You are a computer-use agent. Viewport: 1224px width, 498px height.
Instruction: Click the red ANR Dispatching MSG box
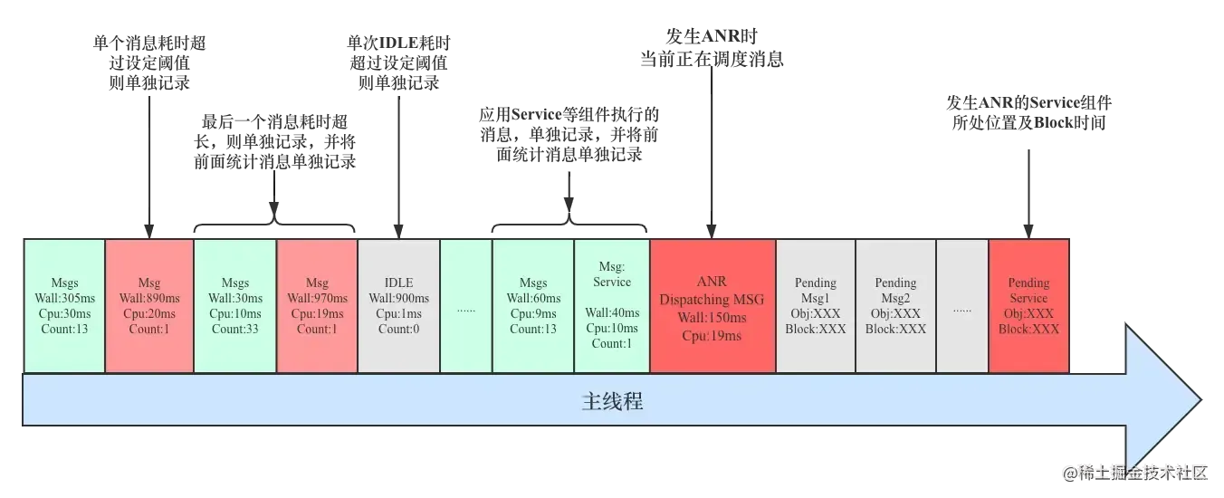click(712, 305)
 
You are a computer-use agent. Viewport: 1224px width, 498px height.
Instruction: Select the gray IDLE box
click(398, 305)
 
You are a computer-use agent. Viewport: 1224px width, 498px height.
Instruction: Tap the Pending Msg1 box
click(815, 305)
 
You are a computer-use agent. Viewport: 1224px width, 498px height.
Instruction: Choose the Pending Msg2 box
click(895, 305)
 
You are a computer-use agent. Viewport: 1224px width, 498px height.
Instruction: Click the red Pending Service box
click(1028, 305)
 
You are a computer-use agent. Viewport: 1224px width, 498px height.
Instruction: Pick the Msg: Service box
click(612, 305)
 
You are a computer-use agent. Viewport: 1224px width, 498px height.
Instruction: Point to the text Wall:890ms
click(149, 298)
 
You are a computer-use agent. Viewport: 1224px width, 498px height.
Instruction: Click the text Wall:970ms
click(317, 298)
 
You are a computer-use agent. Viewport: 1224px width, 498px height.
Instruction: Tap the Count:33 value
click(235, 329)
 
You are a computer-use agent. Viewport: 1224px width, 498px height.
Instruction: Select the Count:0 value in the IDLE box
click(398, 329)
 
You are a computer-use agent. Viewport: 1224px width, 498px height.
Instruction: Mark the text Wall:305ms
click(64, 298)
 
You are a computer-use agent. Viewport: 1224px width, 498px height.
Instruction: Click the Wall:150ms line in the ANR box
click(712, 318)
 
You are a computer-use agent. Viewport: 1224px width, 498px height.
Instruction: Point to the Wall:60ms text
click(533, 298)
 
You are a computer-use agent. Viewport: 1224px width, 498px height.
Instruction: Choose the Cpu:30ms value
click(64, 313)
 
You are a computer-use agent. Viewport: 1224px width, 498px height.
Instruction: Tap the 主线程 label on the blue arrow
click(612, 401)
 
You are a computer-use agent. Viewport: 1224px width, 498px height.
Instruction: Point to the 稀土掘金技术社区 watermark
click(1136, 472)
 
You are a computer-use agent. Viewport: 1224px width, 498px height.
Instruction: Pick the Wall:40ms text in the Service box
click(612, 312)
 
